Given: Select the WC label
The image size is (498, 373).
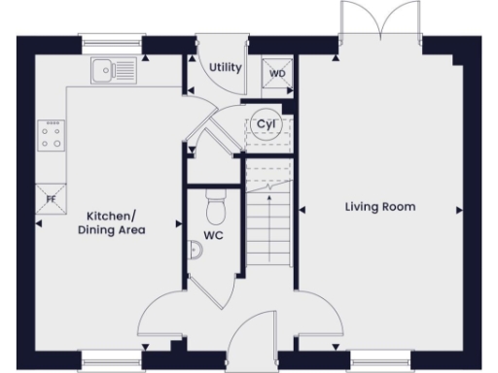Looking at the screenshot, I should click(x=214, y=235).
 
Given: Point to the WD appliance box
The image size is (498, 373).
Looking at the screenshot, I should click(x=276, y=73).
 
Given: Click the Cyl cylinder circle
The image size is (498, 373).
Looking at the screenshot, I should click(x=264, y=123).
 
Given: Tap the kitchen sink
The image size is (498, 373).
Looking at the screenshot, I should click(x=113, y=69).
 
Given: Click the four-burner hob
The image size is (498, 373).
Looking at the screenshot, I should click(x=52, y=135).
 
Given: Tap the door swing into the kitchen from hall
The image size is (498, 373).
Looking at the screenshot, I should click(x=161, y=316).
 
